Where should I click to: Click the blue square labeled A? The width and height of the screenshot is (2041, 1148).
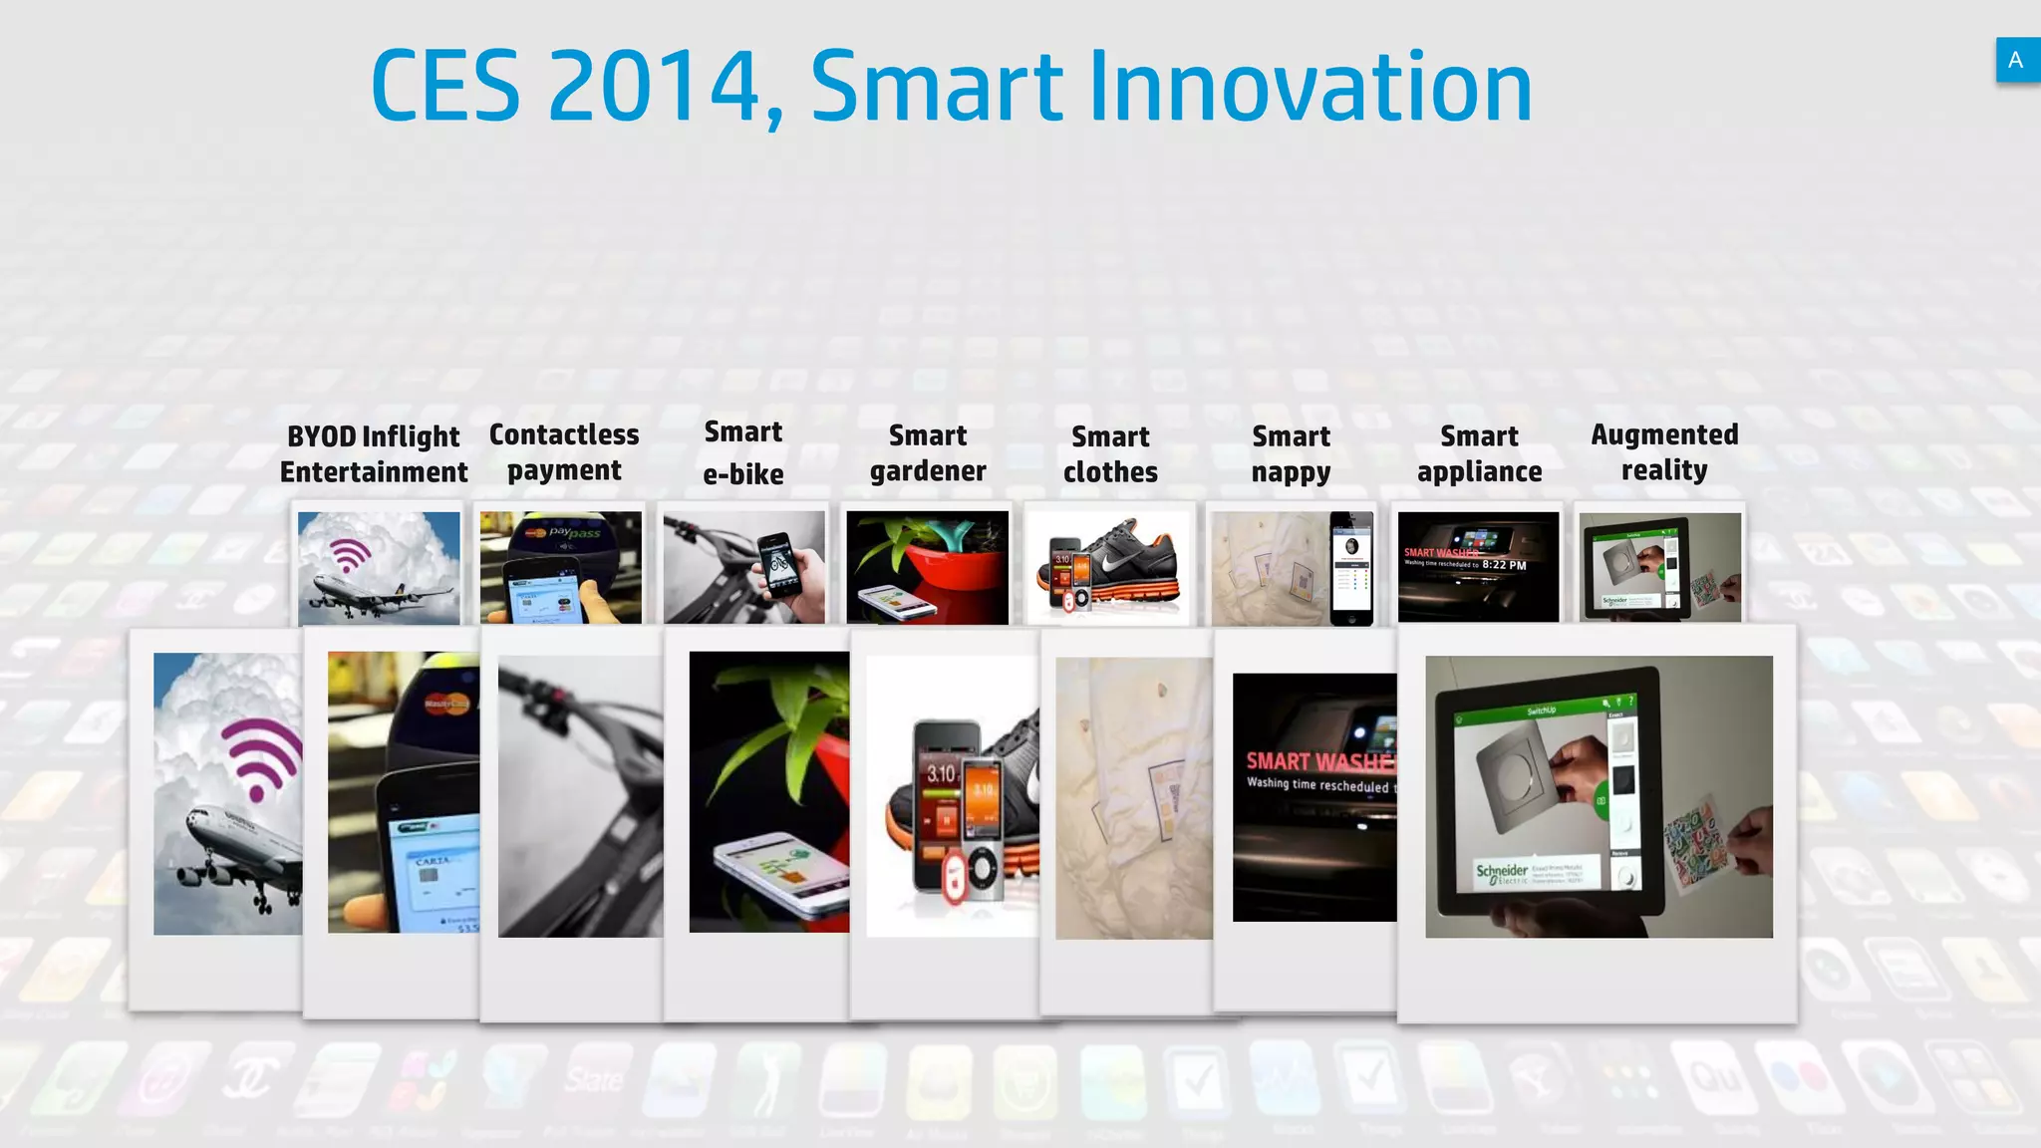[x=2016, y=60]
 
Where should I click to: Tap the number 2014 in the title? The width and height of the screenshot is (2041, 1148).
[x=654, y=88]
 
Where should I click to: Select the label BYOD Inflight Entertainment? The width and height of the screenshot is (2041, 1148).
[x=374, y=453]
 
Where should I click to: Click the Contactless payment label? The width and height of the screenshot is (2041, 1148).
[x=564, y=451]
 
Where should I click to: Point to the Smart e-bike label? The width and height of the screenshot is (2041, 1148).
[x=743, y=452]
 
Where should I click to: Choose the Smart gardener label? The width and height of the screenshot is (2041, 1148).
[x=928, y=452]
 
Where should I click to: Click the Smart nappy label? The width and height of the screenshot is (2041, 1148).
[x=1291, y=453]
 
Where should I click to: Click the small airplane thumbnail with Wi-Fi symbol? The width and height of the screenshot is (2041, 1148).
[x=379, y=568]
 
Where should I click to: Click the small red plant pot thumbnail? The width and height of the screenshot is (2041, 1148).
[x=928, y=566]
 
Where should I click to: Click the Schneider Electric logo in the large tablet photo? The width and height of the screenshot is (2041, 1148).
[x=1501, y=873]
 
